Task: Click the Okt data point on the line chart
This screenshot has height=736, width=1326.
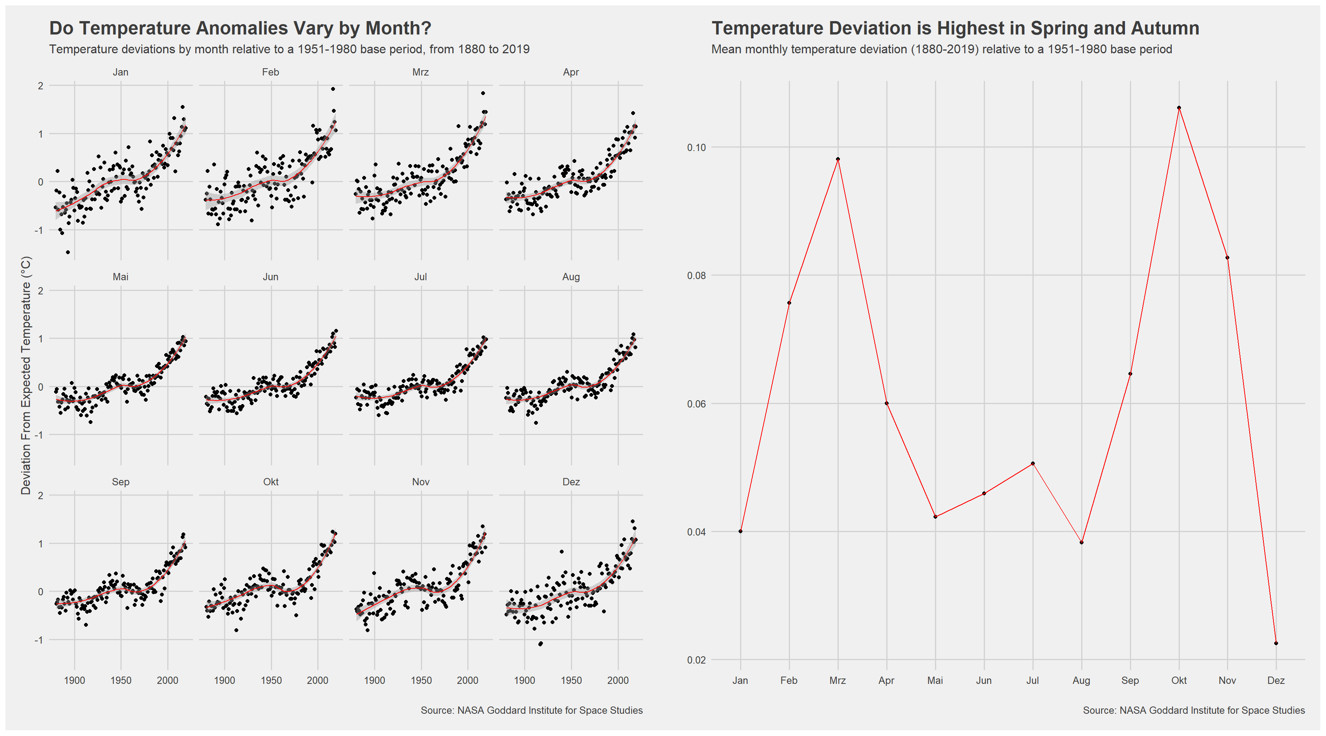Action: [x=1179, y=108]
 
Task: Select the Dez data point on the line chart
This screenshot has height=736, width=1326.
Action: [x=1276, y=643]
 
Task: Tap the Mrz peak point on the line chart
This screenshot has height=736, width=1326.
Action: [x=838, y=159]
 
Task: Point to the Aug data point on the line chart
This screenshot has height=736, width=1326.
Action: [x=1082, y=542]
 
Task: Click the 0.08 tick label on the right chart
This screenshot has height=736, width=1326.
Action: [x=696, y=275]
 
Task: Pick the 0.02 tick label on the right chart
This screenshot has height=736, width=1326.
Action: [x=696, y=660]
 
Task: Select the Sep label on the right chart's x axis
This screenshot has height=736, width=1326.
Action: [x=1130, y=680]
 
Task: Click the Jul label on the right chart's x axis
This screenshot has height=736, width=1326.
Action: [x=1032, y=680]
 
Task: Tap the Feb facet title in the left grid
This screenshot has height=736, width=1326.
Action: [x=270, y=72]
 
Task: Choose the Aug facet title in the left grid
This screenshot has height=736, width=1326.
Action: [x=571, y=277]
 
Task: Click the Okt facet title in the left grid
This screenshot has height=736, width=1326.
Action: [x=271, y=482]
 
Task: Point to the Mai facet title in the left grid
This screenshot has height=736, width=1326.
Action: [x=120, y=277]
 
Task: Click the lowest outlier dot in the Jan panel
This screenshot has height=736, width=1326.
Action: [x=68, y=252]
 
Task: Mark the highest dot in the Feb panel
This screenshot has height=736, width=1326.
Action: [x=333, y=89]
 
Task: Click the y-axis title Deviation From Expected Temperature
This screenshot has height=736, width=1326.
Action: [x=26, y=375]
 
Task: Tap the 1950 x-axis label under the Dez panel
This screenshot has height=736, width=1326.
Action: [x=571, y=680]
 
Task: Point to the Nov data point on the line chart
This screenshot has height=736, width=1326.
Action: [x=1228, y=258]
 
